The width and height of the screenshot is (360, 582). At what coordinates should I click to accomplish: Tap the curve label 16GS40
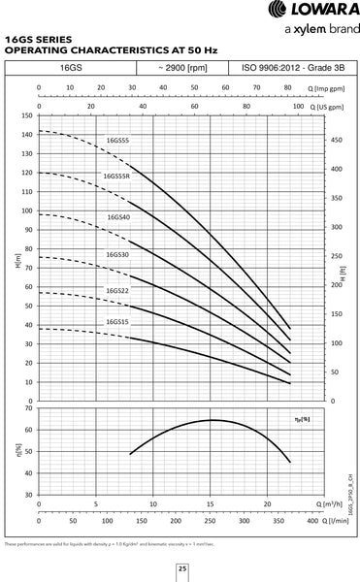(x=118, y=217)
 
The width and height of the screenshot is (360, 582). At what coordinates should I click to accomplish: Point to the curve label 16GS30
(x=118, y=254)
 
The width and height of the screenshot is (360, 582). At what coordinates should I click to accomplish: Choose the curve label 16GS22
(x=118, y=290)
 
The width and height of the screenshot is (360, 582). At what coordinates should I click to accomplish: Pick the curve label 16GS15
(x=118, y=322)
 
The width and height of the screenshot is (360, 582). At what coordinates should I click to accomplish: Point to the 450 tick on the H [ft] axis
(x=335, y=140)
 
